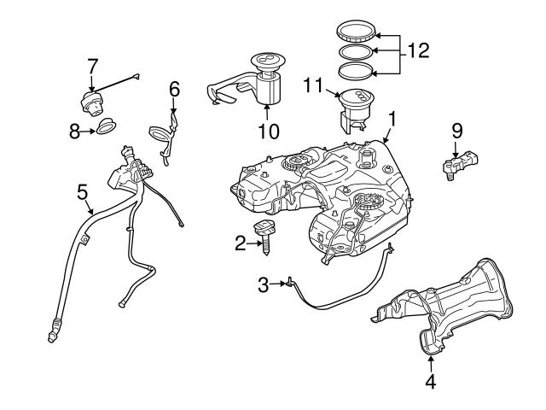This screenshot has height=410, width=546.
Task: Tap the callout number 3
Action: coord(264,283)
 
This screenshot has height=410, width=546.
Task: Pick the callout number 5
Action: coord(83,191)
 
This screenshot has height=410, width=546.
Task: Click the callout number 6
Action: coord(174,88)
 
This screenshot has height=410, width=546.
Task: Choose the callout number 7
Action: coord(93,64)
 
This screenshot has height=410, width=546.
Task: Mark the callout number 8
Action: coord(73,131)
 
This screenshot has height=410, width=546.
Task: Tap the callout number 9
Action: coord(457,131)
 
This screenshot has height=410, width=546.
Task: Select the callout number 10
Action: coord(269,132)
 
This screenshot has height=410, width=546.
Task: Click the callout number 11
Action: coord(313,85)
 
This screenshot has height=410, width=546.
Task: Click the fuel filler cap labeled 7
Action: coord(91,102)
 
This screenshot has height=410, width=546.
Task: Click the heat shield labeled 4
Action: coord(444,307)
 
